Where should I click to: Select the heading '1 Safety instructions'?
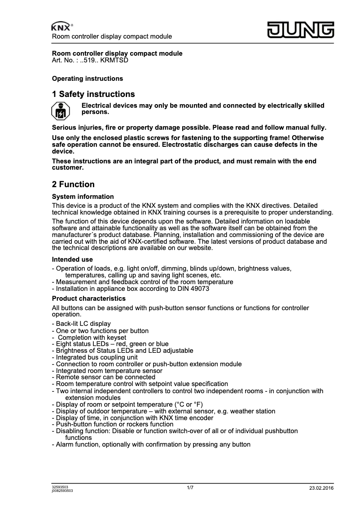tap(93, 94)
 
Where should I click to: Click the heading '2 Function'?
tap(73, 184)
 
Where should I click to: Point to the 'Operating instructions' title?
tap(88, 79)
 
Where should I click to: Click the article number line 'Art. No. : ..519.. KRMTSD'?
tap(90, 60)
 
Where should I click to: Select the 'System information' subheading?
tap(83, 197)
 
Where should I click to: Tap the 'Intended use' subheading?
tap(73, 259)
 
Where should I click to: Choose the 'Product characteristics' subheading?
tap(89, 298)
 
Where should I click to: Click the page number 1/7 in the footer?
tap(190, 487)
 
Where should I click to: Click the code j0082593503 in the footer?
tap(62, 491)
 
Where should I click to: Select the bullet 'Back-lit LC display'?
tap(83, 324)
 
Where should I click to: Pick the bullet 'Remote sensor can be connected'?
tap(99, 377)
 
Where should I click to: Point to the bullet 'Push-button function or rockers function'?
tap(112, 424)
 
